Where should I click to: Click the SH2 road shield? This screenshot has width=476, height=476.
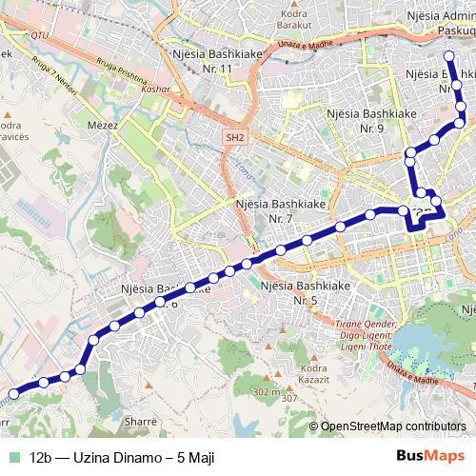click(235, 138)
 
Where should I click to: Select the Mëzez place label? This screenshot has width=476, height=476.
click(128, 123)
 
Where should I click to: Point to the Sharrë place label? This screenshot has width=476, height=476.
click(141, 419)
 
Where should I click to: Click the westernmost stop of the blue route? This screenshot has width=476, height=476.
click(13, 392)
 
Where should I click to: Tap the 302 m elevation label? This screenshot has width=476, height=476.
click(266, 391)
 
